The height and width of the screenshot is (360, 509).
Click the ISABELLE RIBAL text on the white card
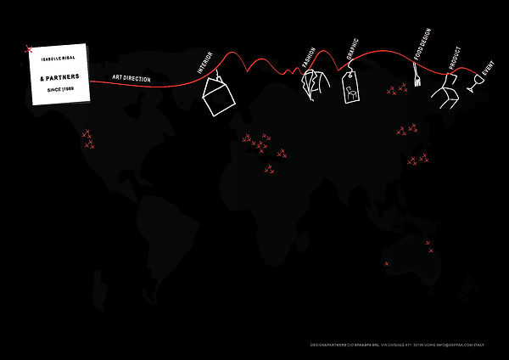pyautogui.click(x=56, y=54)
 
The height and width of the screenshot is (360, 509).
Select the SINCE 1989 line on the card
pyautogui.click(x=57, y=89)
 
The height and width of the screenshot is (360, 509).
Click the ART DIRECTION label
pyautogui.click(x=131, y=78)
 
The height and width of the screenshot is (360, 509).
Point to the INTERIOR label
pyautogui.click(x=204, y=65)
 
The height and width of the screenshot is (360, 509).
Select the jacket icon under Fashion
pyautogui.click(x=314, y=85)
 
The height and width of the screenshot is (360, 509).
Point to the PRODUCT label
pyautogui.click(x=454, y=59)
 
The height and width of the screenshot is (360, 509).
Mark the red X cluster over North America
pyautogui.click(x=87, y=139)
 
